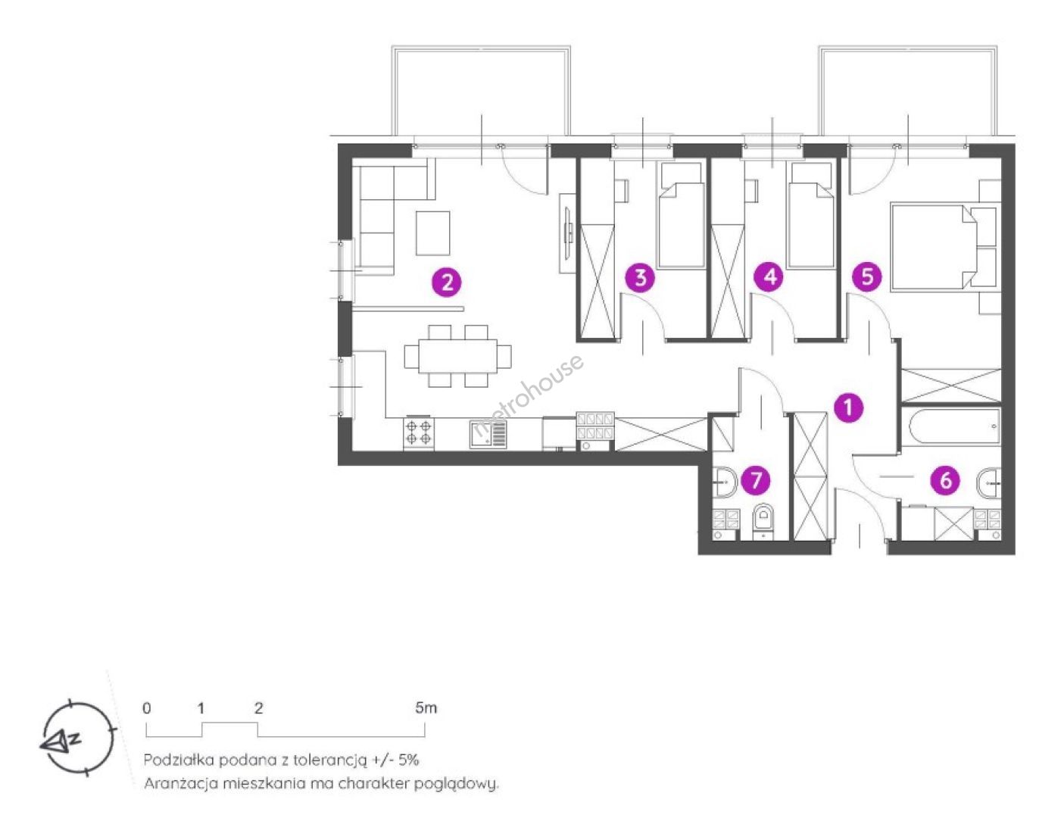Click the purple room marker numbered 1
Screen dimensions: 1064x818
click(848, 407)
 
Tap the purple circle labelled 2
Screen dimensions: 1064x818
click(447, 283)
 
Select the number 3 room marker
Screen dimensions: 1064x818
click(640, 278)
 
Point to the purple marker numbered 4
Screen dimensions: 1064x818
click(769, 277)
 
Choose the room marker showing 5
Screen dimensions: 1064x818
click(867, 277)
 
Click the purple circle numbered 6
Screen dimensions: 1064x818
click(946, 480)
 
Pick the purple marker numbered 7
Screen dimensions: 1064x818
click(756, 479)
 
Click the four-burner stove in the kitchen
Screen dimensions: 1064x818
click(419, 432)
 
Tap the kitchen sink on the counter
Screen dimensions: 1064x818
click(489, 434)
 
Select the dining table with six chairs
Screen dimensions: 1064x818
click(458, 356)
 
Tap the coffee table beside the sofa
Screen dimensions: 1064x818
click(433, 233)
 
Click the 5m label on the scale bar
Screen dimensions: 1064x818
click(426, 708)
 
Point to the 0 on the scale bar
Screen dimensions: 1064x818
click(147, 708)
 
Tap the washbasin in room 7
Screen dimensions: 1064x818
click(725, 482)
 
